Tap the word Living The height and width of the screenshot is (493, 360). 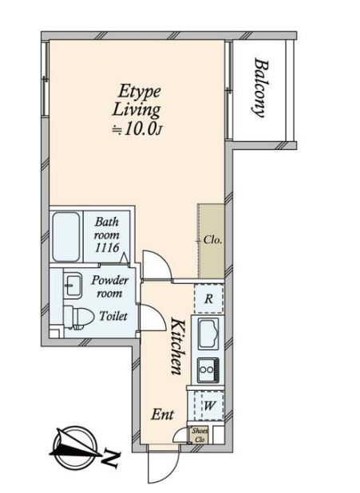click(136, 111)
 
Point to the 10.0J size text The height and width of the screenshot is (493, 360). click(137, 129)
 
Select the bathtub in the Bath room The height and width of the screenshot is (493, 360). click(65, 237)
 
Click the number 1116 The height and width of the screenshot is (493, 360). click(107, 248)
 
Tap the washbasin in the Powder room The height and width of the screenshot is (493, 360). click(73, 284)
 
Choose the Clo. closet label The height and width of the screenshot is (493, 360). click(213, 240)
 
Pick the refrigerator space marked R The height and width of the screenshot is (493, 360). click(209, 298)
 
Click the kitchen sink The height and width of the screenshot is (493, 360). click(208, 333)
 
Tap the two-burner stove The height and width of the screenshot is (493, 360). click(208, 370)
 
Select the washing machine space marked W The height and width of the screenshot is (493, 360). click(208, 405)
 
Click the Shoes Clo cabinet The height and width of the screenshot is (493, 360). click(200, 435)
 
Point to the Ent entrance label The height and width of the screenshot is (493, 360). click(162, 414)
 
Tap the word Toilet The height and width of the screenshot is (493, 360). click(113, 316)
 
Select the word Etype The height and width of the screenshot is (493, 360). click(140, 92)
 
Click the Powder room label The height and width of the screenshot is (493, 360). click(109, 286)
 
